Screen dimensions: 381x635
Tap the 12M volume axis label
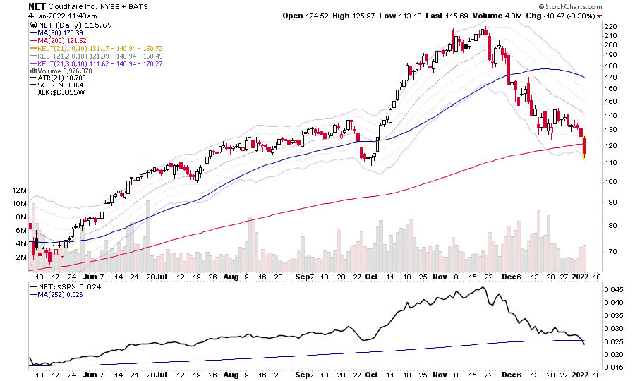[18, 191]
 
